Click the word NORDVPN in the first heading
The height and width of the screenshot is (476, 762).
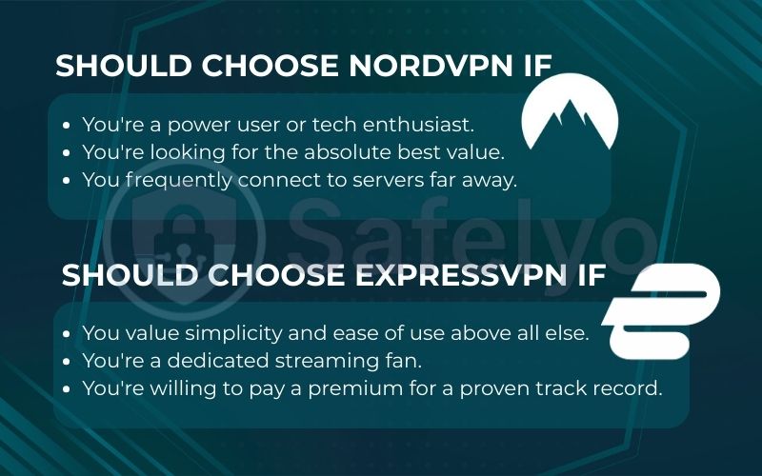[x=434, y=66]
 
